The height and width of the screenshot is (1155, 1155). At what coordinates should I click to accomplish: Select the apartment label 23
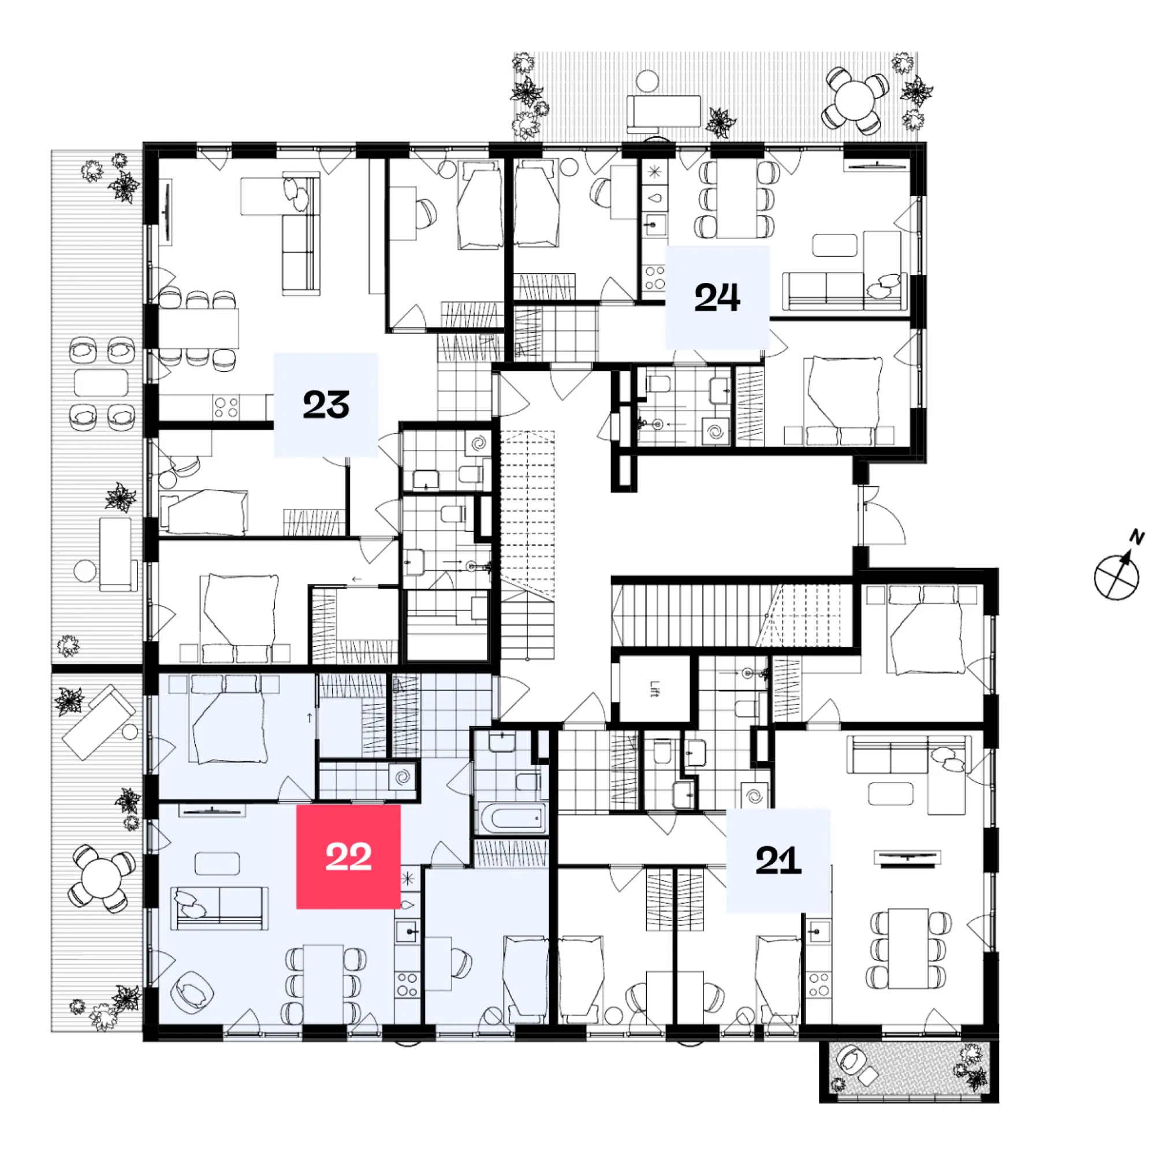[326, 404]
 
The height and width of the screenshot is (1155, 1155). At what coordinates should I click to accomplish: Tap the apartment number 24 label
[717, 297]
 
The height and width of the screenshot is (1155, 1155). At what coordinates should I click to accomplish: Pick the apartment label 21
[778, 860]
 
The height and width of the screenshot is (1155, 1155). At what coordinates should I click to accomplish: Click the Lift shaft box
[654, 690]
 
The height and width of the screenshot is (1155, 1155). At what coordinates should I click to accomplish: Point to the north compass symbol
[1117, 576]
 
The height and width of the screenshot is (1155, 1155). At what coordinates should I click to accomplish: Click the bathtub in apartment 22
[512, 818]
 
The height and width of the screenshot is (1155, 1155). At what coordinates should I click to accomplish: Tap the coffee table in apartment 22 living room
[217, 863]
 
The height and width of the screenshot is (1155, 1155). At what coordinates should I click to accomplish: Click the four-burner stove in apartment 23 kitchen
[226, 408]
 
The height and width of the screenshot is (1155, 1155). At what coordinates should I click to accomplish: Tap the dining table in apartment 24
[736, 200]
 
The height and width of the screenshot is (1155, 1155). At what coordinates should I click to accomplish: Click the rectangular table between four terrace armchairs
[101, 383]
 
